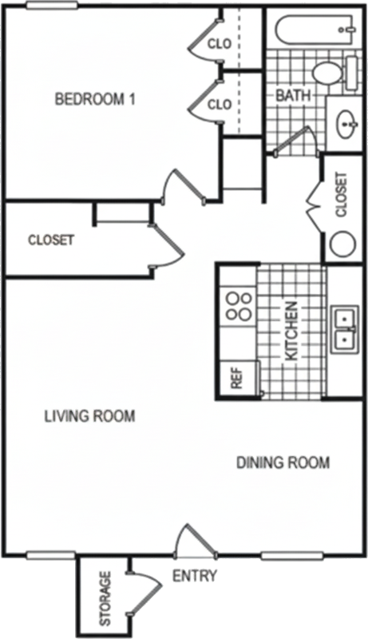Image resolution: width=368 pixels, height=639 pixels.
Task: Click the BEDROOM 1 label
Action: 95,99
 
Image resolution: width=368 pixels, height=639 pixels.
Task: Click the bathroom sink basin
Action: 347,122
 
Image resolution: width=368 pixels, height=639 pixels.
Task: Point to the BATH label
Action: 293,96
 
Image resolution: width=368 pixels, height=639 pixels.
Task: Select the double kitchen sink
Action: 345,329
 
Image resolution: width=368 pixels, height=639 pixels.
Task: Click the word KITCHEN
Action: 291,331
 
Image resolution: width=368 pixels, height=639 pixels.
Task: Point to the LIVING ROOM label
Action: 89,416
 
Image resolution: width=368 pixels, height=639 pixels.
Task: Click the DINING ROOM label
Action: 283,462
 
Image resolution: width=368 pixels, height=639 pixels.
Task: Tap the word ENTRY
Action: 195,576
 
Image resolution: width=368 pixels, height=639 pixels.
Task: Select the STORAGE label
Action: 105,598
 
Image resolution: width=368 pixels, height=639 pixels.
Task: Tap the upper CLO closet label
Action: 220,44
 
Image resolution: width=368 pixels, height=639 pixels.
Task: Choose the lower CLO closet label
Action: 220,105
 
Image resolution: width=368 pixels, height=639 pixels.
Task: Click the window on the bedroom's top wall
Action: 52,6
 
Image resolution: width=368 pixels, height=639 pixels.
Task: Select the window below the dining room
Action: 292,554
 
